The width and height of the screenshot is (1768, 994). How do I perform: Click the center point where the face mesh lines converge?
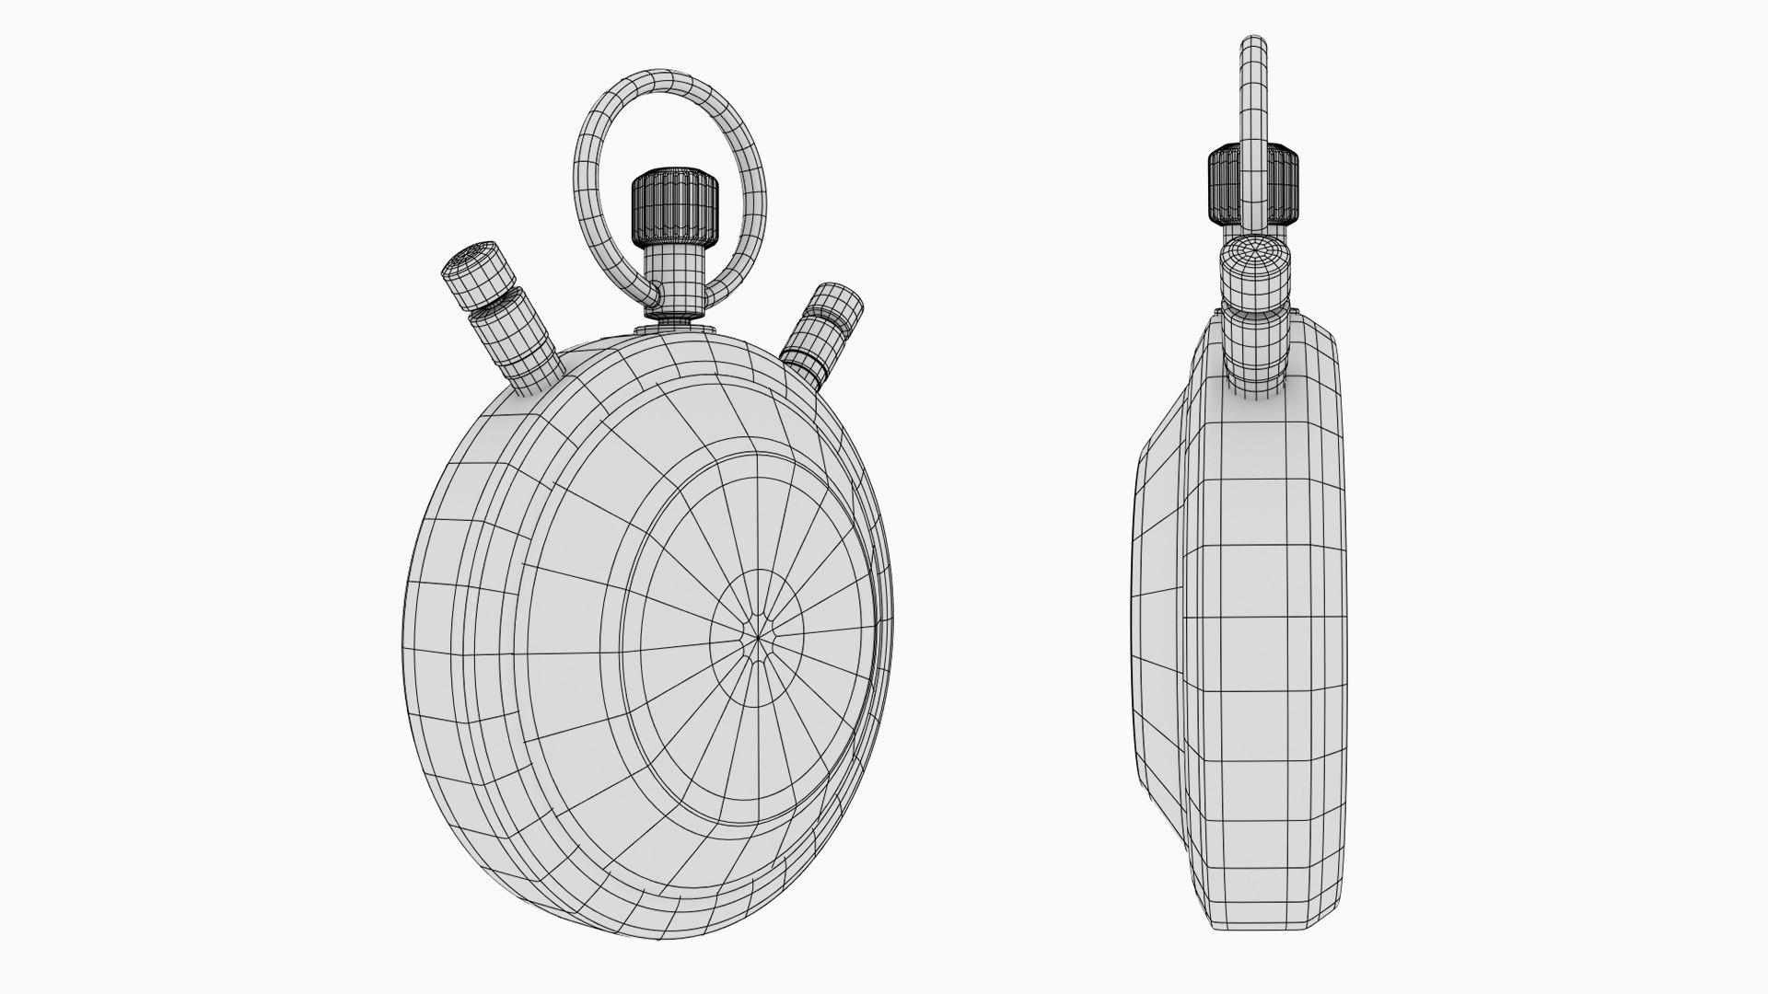758,635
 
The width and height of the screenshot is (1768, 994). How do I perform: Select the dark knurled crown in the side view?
1252,184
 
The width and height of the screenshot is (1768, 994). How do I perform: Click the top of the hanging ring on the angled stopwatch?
669,79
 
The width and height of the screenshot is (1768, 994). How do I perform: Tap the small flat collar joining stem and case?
675,324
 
